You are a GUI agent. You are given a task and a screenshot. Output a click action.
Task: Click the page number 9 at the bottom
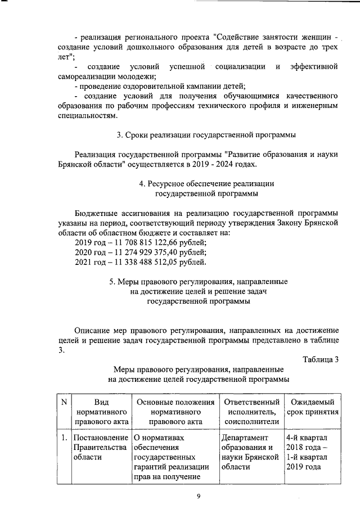coord(198,495)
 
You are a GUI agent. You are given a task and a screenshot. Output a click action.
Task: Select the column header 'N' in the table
coord(64,402)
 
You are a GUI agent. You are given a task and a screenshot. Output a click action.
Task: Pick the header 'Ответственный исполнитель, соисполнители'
coord(251,411)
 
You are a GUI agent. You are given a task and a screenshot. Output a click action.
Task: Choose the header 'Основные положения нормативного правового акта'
coord(174,411)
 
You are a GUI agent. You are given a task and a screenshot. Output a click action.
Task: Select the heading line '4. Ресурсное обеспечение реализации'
coord(206,183)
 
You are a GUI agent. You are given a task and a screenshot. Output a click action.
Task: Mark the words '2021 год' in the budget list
coord(90,262)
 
